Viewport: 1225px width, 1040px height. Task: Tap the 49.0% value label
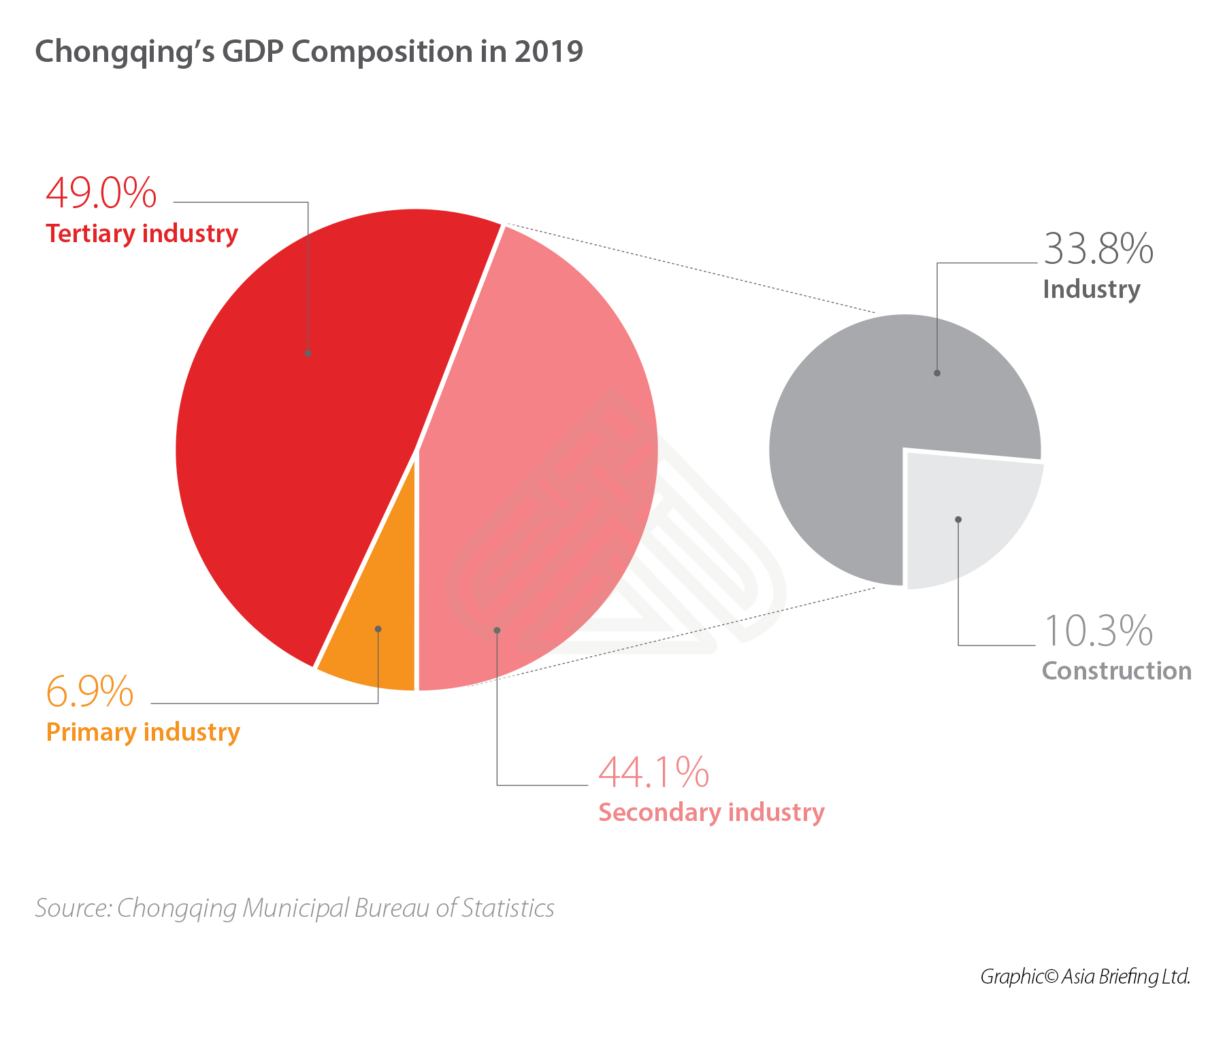pos(101,193)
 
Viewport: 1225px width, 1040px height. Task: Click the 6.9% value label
pos(89,692)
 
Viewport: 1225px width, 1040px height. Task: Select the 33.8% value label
pos(1098,249)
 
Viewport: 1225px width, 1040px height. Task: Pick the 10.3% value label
pos(1098,631)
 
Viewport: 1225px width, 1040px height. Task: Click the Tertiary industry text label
pos(142,233)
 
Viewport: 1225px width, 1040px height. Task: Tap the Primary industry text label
pos(143,733)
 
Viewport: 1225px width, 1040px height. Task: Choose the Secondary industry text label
pos(711,813)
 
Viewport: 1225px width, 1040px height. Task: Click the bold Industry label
pos(1091,289)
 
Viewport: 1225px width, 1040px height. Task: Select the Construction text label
pos(1116,671)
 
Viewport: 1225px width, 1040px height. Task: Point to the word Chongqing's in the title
pos(125,52)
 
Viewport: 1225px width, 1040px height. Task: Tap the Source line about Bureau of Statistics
pos(295,908)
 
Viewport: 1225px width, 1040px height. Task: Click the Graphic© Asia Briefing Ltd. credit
pos(1085,977)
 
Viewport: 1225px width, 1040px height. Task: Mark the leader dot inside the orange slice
pos(378,629)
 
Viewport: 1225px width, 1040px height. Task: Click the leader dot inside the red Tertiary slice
pos(308,353)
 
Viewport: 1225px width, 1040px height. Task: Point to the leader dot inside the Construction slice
pos(958,520)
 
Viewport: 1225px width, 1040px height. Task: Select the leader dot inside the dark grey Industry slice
pos(937,373)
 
